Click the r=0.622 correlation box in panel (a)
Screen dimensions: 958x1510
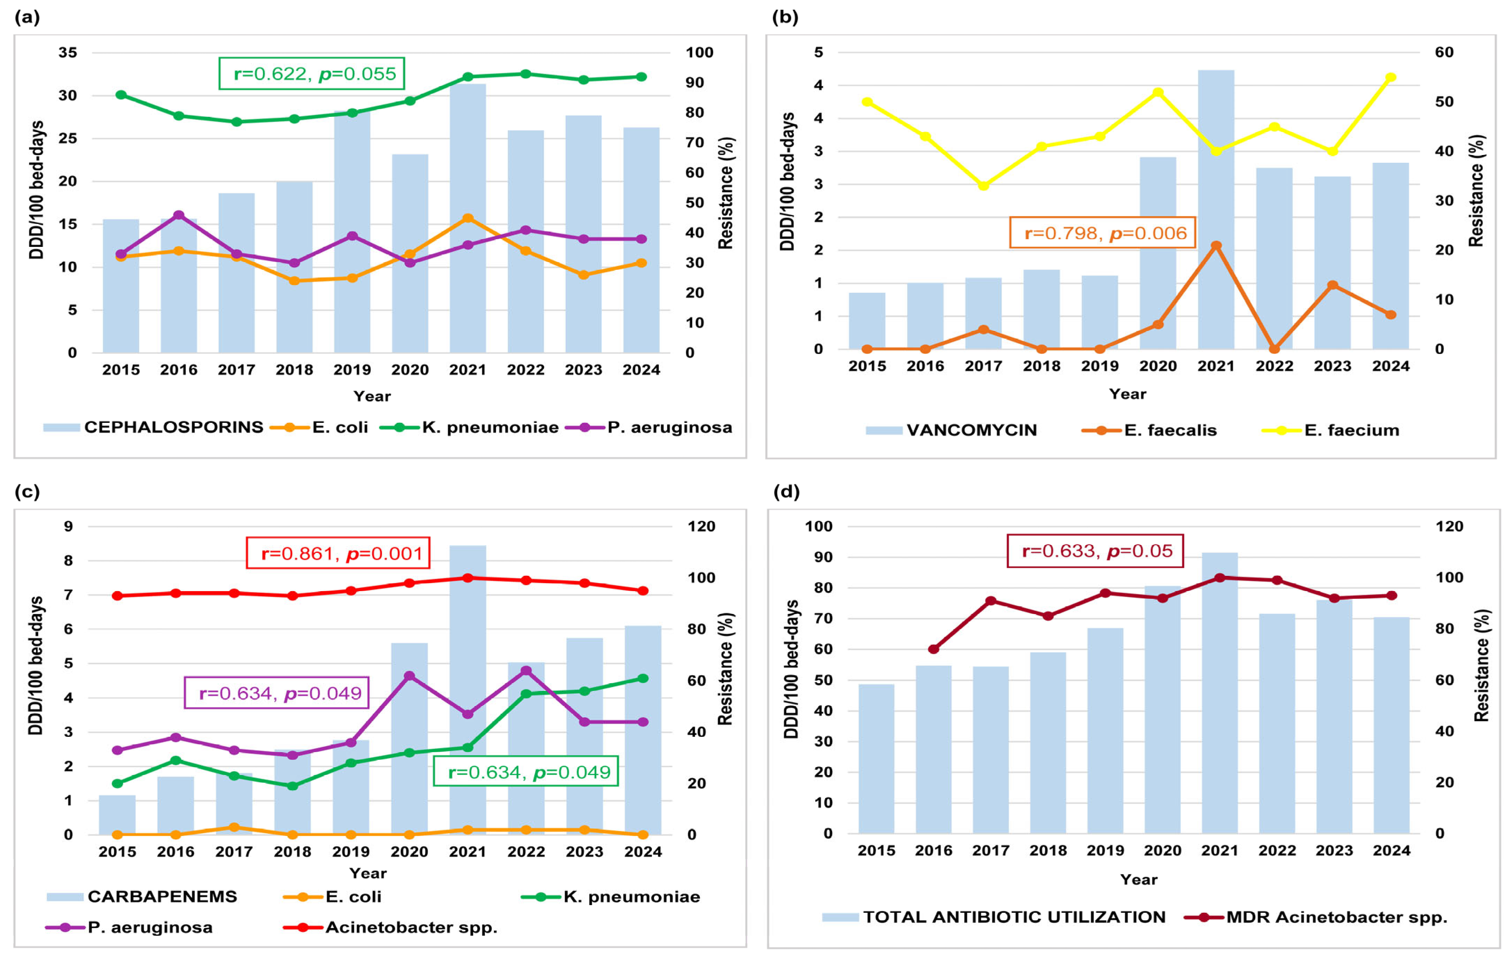pos(312,74)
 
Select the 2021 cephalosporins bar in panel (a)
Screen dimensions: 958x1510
pos(468,219)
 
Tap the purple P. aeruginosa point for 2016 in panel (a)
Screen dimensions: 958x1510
pos(179,215)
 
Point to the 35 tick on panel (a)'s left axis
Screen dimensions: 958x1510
pos(68,53)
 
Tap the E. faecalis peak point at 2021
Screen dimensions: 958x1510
pos(1216,246)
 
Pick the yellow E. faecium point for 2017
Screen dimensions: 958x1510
pos(983,186)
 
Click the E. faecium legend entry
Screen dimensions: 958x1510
pos(1351,430)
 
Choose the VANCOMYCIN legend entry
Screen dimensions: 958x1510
pos(971,430)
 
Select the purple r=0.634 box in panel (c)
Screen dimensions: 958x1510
pos(277,693)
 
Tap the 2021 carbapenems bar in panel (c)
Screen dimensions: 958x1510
pos(468,690)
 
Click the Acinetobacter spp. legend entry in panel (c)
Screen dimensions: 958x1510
pos(411,927)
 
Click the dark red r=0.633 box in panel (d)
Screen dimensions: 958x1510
pos(1095,551)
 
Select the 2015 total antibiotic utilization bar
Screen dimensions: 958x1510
pos(876,759)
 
